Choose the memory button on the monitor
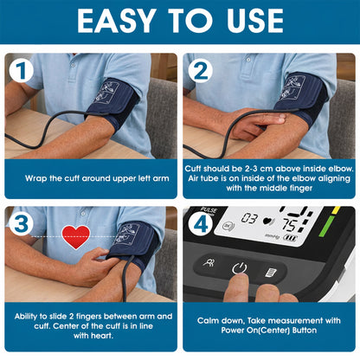tap(269, 271)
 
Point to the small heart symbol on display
tap(268, 221)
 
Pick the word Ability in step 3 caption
tap(33, 318)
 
